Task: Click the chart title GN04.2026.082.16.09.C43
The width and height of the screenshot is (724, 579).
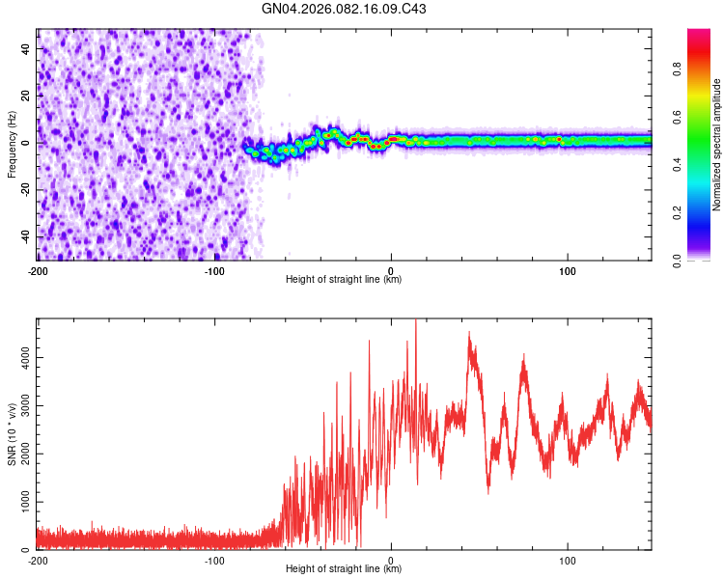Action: [x=345, y=10]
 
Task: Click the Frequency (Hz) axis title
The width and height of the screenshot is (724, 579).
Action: [x=12, y=145]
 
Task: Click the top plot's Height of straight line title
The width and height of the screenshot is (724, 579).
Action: [x=345, y=280]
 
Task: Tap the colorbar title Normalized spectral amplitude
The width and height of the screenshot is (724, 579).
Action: [x=717, y=145]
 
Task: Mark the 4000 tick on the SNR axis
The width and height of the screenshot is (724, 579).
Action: [x=19, y=357]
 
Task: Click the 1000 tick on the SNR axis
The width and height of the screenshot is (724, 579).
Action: [x=19, y=502]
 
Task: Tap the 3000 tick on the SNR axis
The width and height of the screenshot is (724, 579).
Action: [x=19, y=405]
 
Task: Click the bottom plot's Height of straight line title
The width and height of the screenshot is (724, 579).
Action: [x=345, y=569]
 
